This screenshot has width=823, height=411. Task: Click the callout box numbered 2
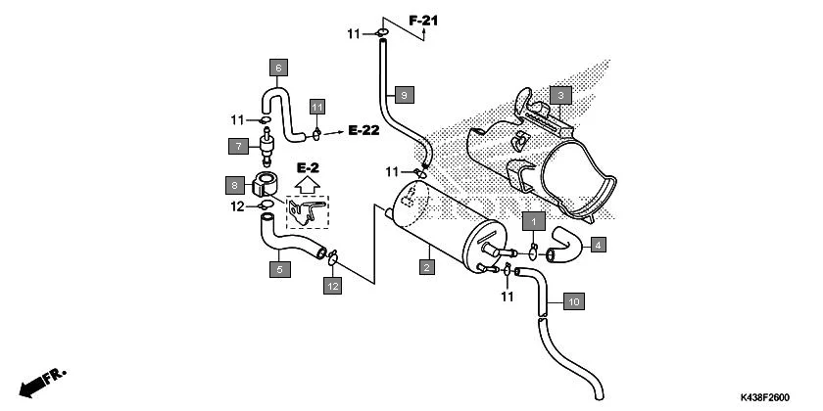(426, 266)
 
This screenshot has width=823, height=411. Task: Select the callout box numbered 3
(559, 95)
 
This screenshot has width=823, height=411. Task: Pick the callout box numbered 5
(280, 268)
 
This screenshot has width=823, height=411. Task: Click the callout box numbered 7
(238, 147)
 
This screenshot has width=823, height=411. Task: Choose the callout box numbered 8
(235, 184)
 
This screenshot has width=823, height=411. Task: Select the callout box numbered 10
(574, 301)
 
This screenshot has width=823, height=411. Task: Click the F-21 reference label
(424, 20)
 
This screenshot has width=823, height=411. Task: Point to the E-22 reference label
(363, 130)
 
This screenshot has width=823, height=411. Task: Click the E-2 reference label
(308, 168)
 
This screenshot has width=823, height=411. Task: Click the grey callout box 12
(333, 286)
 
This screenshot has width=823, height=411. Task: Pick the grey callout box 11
(316, 106)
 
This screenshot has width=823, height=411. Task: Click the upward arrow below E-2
(308, 185)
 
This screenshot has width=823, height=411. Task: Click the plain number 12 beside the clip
(236, 206)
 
